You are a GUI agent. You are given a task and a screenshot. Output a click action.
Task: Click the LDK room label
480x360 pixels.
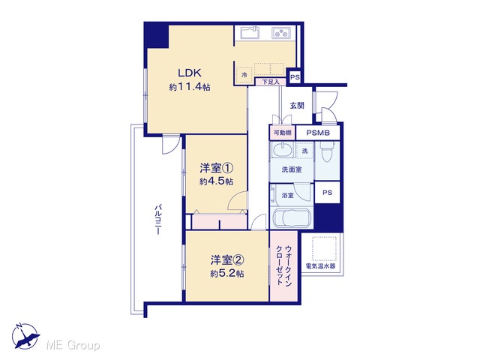pyautogui.click(x=190, y=73)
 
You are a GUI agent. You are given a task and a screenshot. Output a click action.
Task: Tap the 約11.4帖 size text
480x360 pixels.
pyautogui.click(x=190, y=87)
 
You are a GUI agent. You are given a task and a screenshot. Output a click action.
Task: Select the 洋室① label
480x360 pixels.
pyautogui.click(x=217, y=168)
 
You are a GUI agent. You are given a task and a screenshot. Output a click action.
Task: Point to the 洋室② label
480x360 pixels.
pyautogui.click(x=226, y=260)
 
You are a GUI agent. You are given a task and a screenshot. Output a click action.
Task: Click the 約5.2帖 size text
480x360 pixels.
pyautogui.click(x=226, y=273)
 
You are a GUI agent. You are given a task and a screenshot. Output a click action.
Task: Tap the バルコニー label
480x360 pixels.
pyautogui.click(x=157, y=219)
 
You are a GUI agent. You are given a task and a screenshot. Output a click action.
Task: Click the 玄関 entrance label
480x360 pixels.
pyautogui.click(x=297, y=106)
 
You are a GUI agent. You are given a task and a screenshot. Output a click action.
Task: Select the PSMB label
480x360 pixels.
pyautogui.click(x=318, y=133)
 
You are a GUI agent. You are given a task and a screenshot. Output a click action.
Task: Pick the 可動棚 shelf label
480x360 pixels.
pyautogui.click(x=282, y=133)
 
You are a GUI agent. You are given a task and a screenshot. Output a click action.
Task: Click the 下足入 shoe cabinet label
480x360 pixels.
pyautogui.click(x=271, y=82)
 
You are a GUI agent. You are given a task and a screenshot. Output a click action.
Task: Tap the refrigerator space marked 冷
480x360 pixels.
pyautogui.click(x=244, y=74)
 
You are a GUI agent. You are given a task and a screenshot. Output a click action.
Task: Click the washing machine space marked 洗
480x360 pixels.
pyautogui.click(x=305, y=151)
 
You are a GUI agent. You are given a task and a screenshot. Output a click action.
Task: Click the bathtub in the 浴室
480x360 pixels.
pyautogui.click(x=292, y=218)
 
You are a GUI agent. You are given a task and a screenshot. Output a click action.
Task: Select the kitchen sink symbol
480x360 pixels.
pyautogui.click(x=250, y=32)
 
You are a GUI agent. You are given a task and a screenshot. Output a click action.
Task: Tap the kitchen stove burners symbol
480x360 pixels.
pyautogui.click(x=281, y=33)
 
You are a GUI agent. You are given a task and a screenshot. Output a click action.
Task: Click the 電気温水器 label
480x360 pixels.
pyautogui.click(x=320, y=265)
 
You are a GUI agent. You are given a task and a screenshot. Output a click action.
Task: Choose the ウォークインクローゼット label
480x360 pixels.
pyautogui.click(x=283, y=265)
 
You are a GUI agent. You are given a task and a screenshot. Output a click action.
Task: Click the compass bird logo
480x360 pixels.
pyautogui.click(x=25, y=336)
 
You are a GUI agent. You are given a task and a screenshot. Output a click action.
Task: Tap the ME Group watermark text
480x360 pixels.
pyautogui.click(x=73, y=346)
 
